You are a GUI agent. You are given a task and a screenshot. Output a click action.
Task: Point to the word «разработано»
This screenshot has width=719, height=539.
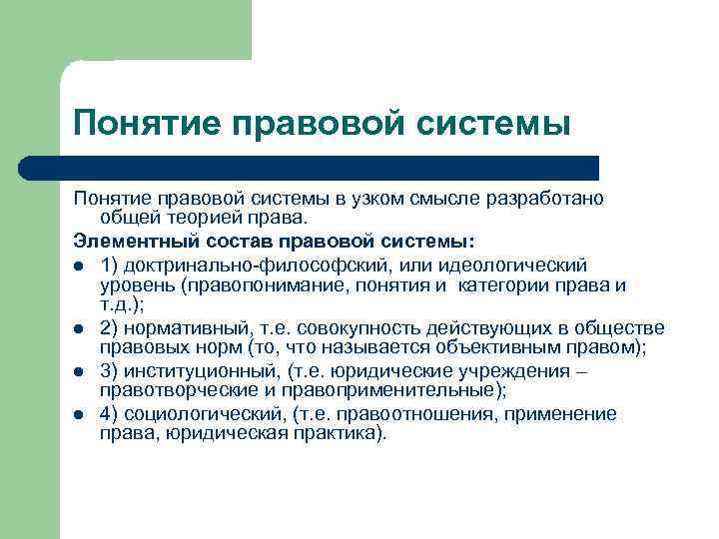545,197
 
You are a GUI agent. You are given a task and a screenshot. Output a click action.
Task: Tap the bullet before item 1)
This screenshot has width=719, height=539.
79,266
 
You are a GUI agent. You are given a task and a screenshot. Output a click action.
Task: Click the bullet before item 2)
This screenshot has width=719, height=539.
79,328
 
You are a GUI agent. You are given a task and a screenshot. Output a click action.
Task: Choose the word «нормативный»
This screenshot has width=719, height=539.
179,327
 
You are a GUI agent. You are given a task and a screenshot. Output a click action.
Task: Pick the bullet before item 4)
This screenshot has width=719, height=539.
79,414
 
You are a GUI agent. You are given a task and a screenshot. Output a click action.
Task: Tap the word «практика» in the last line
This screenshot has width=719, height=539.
335,434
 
